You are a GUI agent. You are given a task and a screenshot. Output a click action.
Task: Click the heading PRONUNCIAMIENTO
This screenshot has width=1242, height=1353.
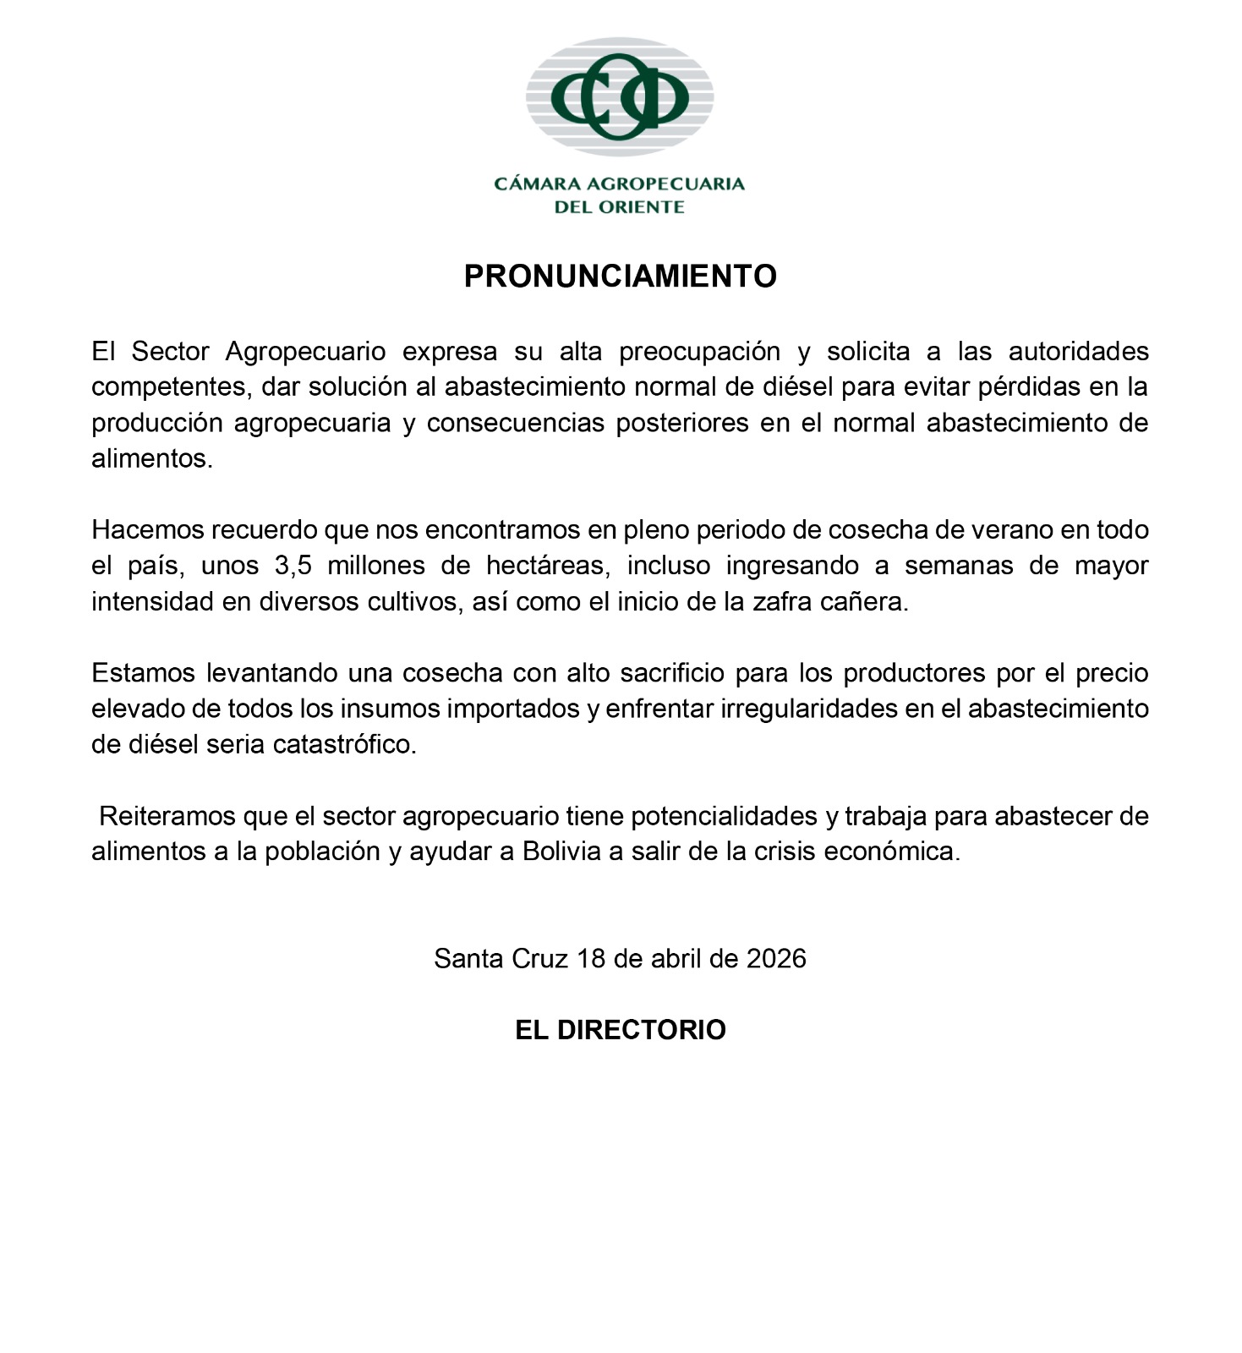(x=620, y=277)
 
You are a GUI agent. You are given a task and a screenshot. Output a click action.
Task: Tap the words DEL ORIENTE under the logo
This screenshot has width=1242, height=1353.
(x=619, y=207)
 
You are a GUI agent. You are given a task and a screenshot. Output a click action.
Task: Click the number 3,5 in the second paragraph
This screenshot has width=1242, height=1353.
(x=293, y=566)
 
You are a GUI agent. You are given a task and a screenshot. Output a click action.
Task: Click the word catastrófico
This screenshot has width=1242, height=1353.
(x=344, y=745)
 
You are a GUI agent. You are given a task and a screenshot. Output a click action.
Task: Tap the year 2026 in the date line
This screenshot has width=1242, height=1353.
(x=776, y=959)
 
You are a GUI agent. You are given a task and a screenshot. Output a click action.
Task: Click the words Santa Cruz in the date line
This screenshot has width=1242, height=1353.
(x=501, y=959)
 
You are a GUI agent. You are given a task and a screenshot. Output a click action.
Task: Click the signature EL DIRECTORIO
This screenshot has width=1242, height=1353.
(x=620, y=1030)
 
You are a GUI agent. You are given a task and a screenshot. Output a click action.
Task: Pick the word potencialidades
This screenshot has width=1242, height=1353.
(x=724, y=816)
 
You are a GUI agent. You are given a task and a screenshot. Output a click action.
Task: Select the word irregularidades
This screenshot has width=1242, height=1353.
(x=808, y=709)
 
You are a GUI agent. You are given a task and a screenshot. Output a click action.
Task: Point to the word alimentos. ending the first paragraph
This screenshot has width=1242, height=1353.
(x=152, y=459)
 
